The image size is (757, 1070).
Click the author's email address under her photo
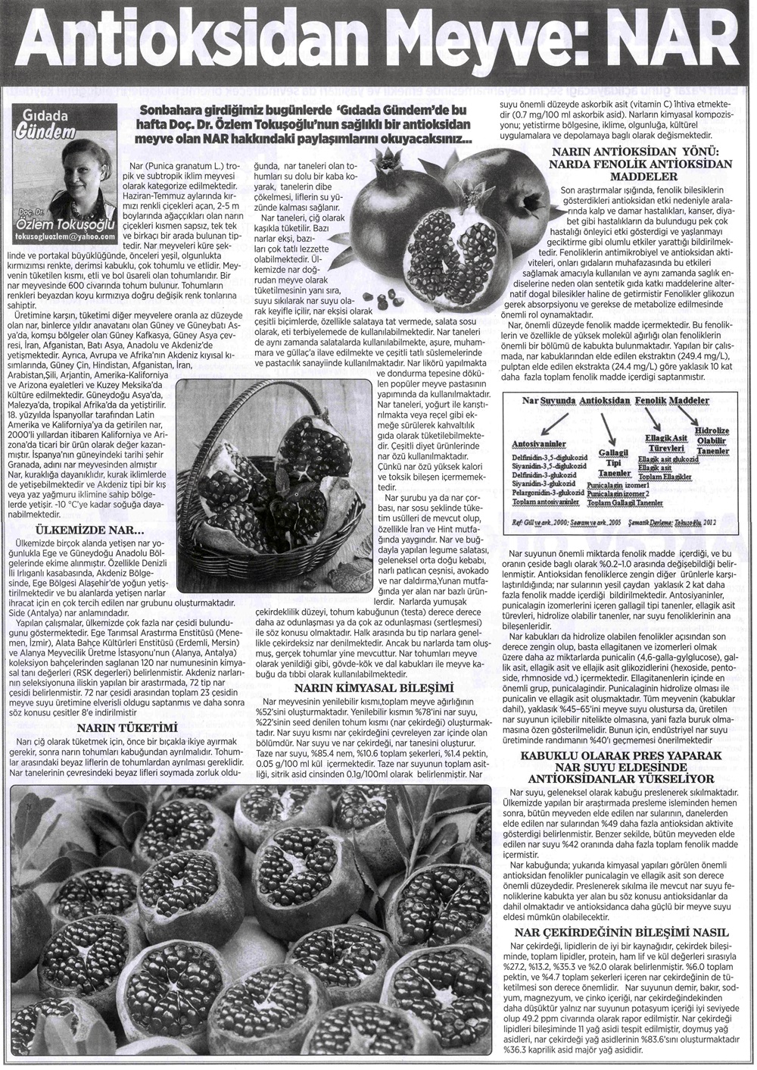point(64,236)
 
